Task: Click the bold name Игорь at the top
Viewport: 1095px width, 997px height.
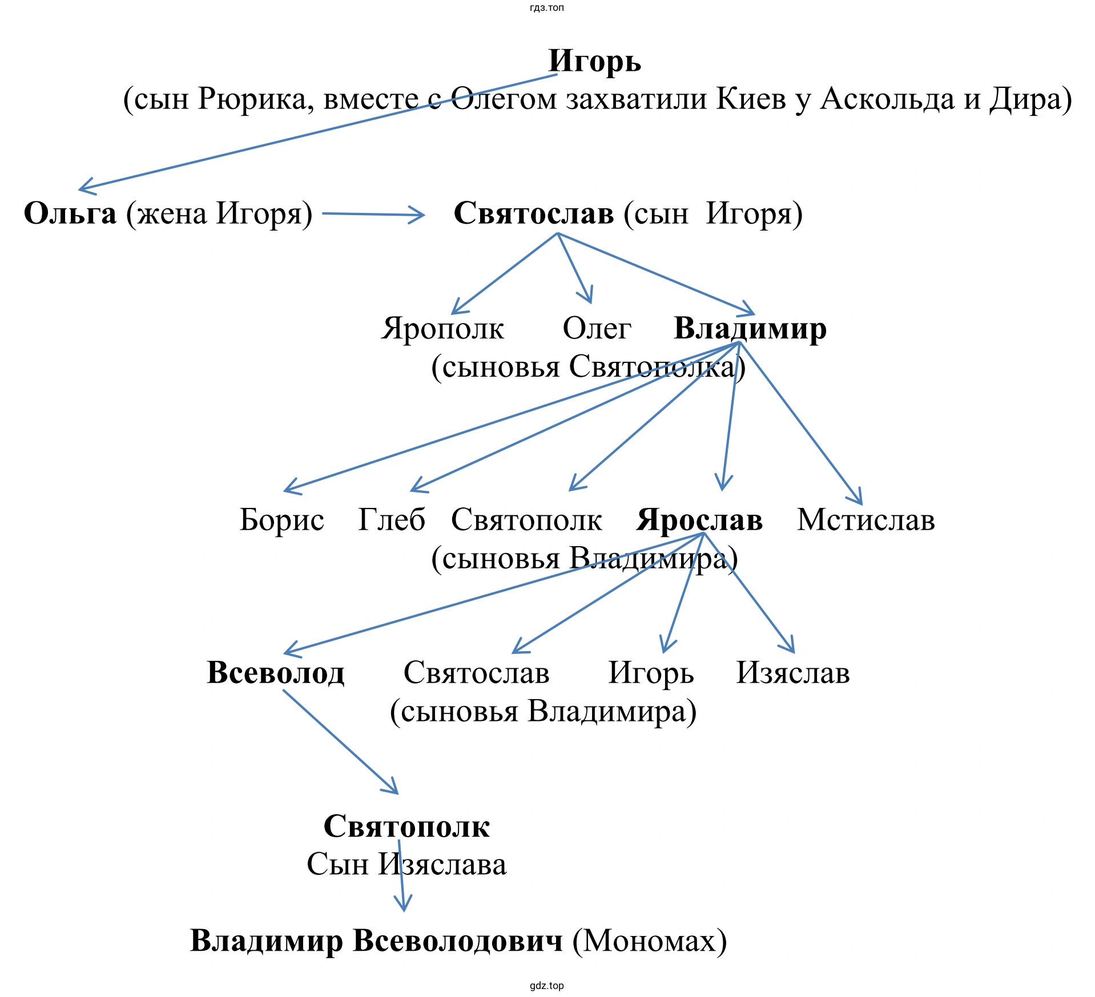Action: tap(594, 60)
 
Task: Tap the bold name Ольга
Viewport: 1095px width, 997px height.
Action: tap(70, 213)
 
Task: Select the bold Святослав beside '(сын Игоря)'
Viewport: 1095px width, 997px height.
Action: tap(534, 213)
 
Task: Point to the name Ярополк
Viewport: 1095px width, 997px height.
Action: tap(443, 328)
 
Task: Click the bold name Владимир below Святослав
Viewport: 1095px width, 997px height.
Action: tap(750, 328)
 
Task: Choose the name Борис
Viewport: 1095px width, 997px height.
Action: tap(281, 520)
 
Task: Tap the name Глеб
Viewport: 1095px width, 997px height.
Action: tap(392, 520)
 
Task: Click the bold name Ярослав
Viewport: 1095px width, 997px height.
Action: tap(699, 520)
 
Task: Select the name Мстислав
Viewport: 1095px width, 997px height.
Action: tap(865, 520)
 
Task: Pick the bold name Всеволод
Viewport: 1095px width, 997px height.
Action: tap(276, 672)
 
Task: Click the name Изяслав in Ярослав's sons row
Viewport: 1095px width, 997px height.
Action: tap(793, 672)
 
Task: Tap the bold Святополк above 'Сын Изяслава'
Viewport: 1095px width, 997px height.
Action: tap(406, 826)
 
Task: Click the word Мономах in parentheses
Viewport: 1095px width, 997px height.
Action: tap(650, 941)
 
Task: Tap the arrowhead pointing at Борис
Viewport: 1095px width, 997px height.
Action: tap(288, 490)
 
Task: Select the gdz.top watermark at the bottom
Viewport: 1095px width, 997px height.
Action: tap(547, 986)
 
